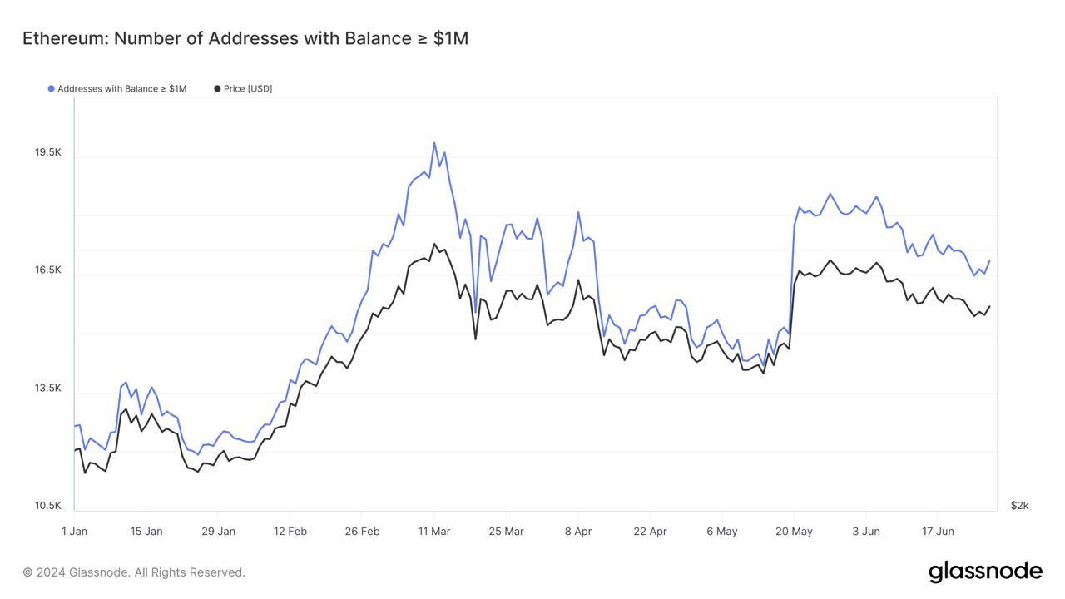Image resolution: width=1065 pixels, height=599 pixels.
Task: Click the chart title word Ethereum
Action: pyautogui.click(x=63, y=38)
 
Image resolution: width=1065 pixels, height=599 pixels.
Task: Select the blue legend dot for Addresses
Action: pyautogui.click(x=52, y=88)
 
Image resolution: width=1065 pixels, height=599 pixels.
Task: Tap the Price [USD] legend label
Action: pyautogui.click(x=247, y=88)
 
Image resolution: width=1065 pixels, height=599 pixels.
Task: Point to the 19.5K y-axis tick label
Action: pyautogui.click(x=47, y=152)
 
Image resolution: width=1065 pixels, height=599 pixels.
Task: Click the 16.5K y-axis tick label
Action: pyautogui.click(x=47, y=270)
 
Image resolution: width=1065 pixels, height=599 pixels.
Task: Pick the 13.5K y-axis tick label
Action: pyautogui.click(x=47, y=389)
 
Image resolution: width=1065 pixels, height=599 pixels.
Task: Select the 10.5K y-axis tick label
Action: pyautogui.click(x=47, y=506)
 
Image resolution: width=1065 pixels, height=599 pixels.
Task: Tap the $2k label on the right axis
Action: pyautogui.click(x=1019, y=506)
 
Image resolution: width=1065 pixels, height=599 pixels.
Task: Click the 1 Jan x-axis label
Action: pyautogui.click(x=74, y=531)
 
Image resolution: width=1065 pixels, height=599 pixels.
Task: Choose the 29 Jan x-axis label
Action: pyautogui.click(x=218, y=531)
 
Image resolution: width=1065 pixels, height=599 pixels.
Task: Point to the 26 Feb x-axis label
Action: pyautogui.click(x=362, y=531)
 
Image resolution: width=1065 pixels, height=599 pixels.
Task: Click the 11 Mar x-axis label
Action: pyautogui.click(x=433, y=531)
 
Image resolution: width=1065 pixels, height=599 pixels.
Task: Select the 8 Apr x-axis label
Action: pyautogui.click(x=577, y=531)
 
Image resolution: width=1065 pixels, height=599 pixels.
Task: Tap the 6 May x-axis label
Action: pyautogui.click(x=721, y=531)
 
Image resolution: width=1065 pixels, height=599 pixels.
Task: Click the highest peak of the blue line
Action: pyautogui.click(x=433, y=143)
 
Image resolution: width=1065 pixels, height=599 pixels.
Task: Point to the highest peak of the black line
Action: pyautogui.click(x=433, y=244)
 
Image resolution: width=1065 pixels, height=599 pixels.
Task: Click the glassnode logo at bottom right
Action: pyautogui.click(x=985, y=572)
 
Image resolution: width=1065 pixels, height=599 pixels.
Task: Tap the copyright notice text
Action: pyautogui.click(x=134, y=572)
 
